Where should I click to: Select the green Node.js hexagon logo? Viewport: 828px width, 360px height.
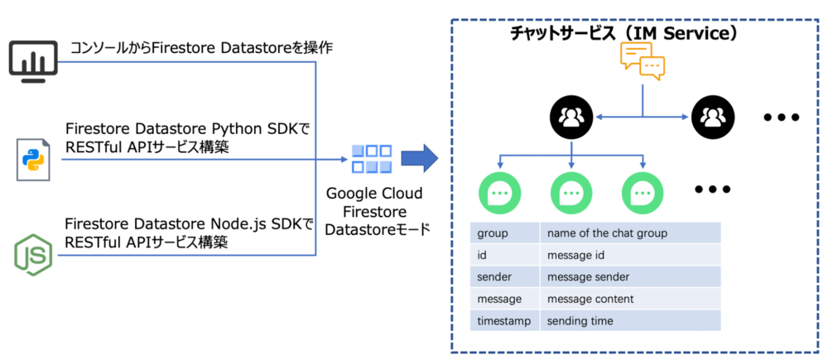click(32, 255)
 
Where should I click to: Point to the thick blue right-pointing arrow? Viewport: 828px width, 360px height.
click(418, 159)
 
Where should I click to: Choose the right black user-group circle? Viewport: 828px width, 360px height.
click(712, 118)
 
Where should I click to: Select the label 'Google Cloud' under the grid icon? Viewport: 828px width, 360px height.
click(373, 194)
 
